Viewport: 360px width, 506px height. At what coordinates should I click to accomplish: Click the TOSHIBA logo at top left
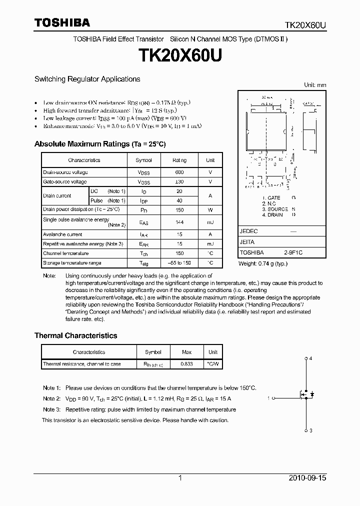[62, 22]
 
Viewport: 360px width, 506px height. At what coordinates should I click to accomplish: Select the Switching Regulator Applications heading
[87, 79]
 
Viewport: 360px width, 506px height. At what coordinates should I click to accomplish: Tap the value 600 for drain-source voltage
[179, 172]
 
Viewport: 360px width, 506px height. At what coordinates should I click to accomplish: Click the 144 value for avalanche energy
[179, 221]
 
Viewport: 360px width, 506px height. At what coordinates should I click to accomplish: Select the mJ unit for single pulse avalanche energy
[210, 221]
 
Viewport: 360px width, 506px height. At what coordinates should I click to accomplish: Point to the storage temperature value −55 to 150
[179, 263]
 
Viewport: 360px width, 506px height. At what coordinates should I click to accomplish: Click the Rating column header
[179, 160]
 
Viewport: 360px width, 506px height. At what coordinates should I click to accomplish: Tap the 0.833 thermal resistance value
[186, 364]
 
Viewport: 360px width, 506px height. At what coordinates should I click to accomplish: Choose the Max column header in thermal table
[186, 352]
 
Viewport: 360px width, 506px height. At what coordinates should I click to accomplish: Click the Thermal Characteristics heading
[75, 335]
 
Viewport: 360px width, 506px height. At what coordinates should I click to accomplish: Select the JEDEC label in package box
[248, 231]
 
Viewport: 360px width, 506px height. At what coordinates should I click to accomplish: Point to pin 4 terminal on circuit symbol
[306, 359]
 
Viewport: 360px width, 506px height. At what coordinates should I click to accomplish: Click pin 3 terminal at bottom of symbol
[306, 430]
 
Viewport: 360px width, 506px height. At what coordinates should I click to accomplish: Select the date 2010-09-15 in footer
[307, 478]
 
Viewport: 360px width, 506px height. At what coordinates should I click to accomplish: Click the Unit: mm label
[315, 85]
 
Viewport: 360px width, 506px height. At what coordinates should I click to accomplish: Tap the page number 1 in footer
[180, 478]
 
